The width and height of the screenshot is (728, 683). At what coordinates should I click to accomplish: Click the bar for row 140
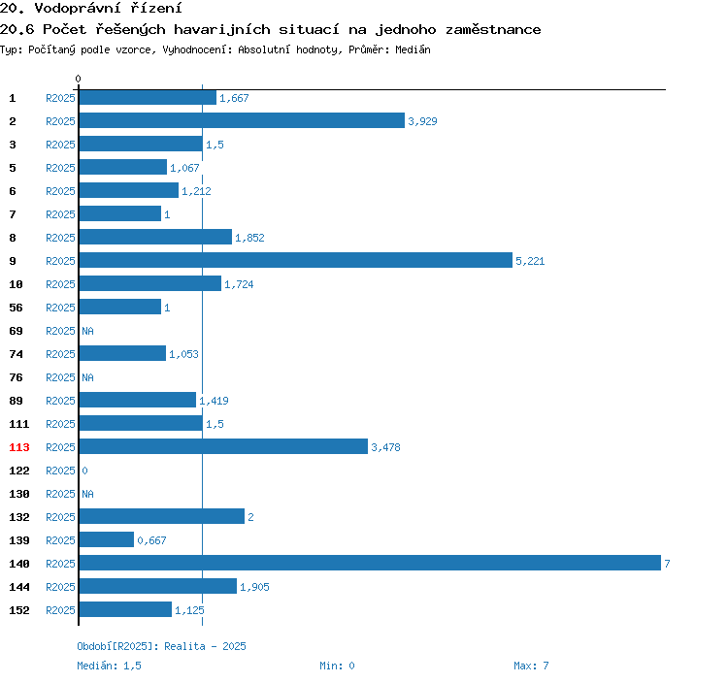[x=370, y=563]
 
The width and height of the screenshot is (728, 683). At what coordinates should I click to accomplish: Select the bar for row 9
[x=296, y=260]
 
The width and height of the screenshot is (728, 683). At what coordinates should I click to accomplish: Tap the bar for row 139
[x=107, y=539]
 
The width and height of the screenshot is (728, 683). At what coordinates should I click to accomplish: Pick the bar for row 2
[x=242, y=120]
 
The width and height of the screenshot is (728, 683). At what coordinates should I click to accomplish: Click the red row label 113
[x=19, y=447]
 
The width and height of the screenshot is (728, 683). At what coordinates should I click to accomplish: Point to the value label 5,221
[x=530, y=261]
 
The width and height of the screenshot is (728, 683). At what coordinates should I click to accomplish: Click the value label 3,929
[x=422, y=121]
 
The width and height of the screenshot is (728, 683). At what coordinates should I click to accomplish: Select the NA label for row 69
[x=87, y=331]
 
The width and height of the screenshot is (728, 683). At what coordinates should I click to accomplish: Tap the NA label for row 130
[x=87, y=494]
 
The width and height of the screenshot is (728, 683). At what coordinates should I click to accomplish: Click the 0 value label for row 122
[x=84, y=471]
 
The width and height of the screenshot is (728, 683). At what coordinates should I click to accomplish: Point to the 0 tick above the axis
[x=78, y=79]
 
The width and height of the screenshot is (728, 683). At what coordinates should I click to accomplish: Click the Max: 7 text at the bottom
[x=531, y=666]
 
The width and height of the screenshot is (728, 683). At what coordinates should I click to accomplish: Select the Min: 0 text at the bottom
[x=337, y=666]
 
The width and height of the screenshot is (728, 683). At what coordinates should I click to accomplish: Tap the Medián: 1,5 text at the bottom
[x=109, y=666]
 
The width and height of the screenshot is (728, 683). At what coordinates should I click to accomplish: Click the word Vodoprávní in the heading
[x=78, y=8]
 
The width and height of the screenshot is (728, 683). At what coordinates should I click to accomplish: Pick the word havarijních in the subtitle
[x=222, y=30]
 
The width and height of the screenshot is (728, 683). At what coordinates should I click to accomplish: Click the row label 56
[x=16, y=308]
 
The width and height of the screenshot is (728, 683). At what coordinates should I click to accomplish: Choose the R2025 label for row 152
[x=60, y=610]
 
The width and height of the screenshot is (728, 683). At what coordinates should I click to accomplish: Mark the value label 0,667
[x=151, y=540]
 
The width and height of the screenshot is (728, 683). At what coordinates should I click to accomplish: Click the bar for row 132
[x=162, y=516]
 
